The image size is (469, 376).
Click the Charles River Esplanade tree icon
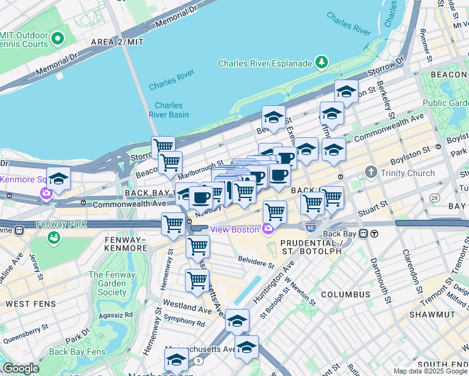pyautogui.click(x=322, y=62)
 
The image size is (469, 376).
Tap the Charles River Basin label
pyautogui.click(x=169, y=110)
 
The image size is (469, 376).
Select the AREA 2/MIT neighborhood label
pyautogui.click(x=117, y=41)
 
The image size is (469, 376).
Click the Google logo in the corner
pyautogui.click(x=21, y=368)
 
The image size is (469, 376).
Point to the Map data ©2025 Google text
pyautogui.click(x=429, y=371)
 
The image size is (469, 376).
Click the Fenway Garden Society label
pyautogui.click(x=112, y=283)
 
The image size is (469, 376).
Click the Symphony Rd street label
pyautogui.click(x=184, y=323)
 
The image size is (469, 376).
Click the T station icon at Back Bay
pyautogui.click(x=374, y=234)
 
